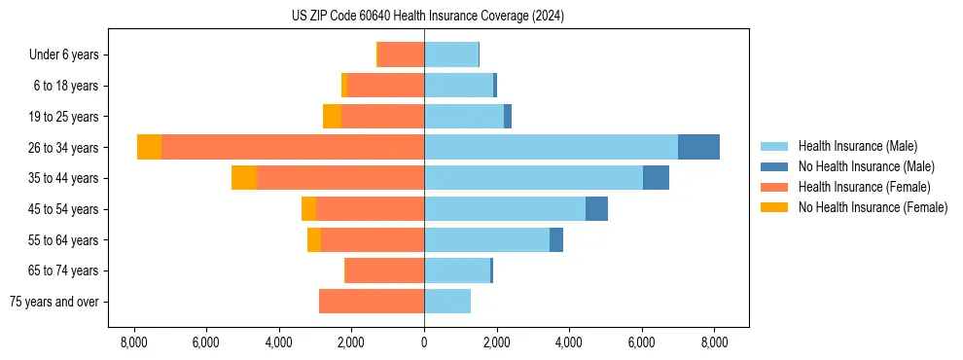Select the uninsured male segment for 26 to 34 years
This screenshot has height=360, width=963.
pos(698,147)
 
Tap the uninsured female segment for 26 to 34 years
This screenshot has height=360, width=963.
pos(149,147)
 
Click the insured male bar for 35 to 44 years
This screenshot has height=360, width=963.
pos(533,178)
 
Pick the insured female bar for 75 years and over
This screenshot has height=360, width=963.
pos(372,302)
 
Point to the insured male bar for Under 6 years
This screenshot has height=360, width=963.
pos(451,54)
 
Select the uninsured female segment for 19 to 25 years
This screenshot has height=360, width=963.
pos(332,117)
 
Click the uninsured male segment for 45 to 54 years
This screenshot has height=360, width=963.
pos(596,209)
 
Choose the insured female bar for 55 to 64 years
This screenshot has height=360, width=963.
pos(373,240)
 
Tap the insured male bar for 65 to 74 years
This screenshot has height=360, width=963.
pos(457,270)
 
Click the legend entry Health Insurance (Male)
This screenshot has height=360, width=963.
pos(857,146)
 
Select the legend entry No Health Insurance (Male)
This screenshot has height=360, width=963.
pos(866,166)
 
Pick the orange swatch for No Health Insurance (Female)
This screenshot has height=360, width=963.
pos(774,207)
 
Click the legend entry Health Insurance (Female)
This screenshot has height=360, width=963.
pos(865,187)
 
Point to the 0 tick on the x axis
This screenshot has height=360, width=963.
pos(424,342)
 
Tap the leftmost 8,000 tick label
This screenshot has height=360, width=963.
pos(133,342)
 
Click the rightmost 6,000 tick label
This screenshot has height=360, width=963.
pos(642,342)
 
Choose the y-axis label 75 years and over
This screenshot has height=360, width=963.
pos(54,302)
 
